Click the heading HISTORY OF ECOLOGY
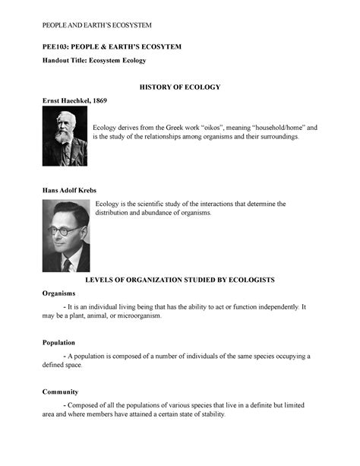click(x=179, y=87)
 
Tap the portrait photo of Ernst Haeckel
click(x=64, y=136)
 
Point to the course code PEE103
click(x=56, y=47)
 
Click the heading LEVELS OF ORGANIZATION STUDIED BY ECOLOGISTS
click(x=179, y=280)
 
